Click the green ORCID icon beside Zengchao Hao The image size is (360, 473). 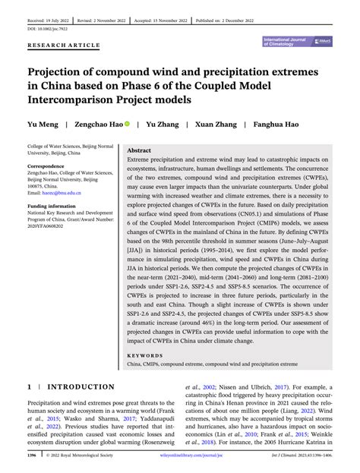click(128, 123)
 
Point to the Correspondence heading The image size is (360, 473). click(49, 165)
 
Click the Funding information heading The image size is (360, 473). click(53, 205)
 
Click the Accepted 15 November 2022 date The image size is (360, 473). click(201, 12)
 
